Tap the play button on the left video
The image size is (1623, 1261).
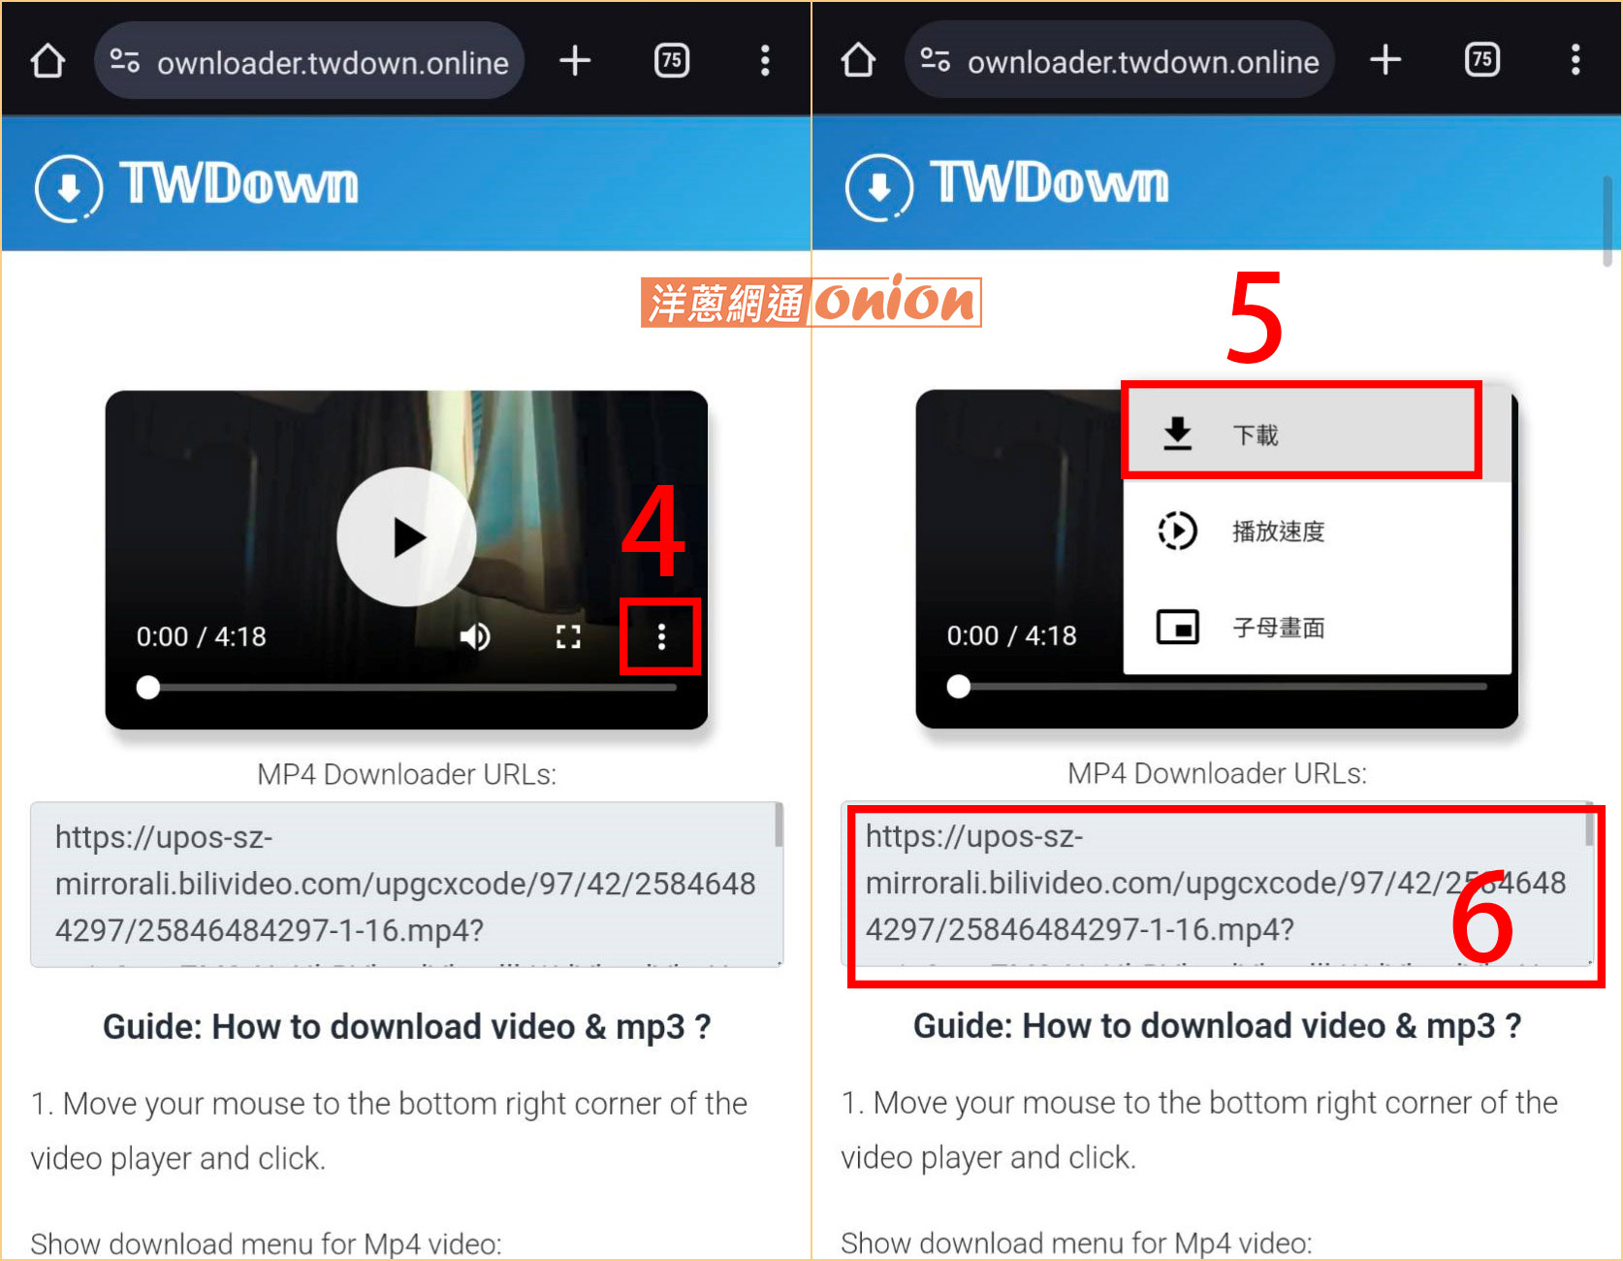[406, 536]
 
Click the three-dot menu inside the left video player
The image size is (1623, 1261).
[661, 636]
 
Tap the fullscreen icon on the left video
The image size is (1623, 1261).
[568, 636]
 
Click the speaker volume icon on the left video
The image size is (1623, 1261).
[474, 636]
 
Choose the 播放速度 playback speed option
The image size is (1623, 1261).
[1278, 531]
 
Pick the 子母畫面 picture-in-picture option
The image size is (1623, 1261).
[1278, 628]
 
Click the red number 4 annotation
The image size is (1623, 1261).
[653, 532]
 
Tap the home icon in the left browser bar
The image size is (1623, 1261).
[48, 61]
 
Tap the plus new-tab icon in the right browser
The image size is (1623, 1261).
[1384, 60]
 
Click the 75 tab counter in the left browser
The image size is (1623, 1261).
[671, 61]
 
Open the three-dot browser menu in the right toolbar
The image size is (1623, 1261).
[1575, 60]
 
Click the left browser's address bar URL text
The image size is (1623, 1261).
[332, 63]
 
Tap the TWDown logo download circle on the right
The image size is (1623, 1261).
[878, 187]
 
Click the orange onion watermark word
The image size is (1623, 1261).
[894, 302]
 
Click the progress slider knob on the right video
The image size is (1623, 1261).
[958, 687]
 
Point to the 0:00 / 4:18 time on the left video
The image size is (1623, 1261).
[201, 636]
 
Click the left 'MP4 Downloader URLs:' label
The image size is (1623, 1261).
[406, 774]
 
